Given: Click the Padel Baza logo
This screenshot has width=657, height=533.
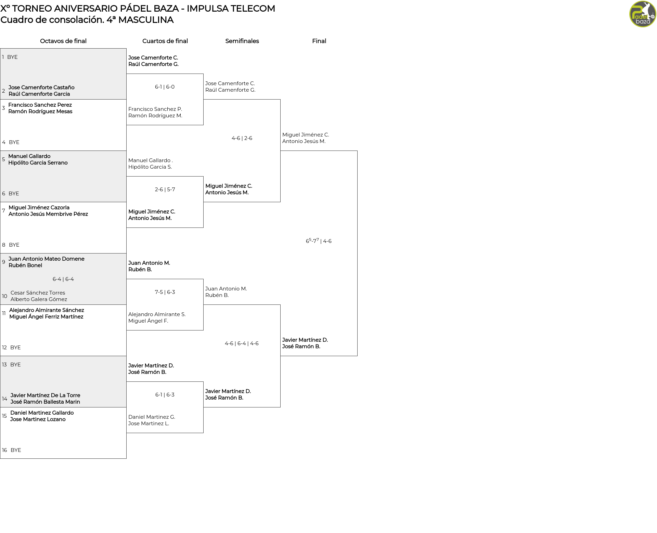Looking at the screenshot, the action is [x=643, y=14].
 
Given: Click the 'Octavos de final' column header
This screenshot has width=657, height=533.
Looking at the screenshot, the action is [x=63, y=41].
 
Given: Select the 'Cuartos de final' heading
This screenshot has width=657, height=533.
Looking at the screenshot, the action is [x=165, y=41].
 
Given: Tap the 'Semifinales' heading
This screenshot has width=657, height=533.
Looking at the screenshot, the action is [x=242, y=41].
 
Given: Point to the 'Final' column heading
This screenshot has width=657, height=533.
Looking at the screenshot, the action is [x=319, y=41].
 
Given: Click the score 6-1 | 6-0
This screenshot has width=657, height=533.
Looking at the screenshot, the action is [x=165, y=87].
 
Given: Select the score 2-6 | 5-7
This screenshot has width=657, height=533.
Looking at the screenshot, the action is [x=165, y=190].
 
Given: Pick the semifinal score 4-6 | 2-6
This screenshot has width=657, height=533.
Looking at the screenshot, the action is [x=242, y=138].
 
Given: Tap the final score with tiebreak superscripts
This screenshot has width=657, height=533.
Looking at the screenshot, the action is [x=319, y=240].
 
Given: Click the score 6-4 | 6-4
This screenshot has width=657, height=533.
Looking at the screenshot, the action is [x=63, y=279].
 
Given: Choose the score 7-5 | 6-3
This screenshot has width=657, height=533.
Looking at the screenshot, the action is [x=165, y=292].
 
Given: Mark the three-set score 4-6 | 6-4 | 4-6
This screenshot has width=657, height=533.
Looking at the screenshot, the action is [x=242, y=343].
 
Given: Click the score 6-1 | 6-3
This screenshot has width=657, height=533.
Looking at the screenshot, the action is [x=165, y=395].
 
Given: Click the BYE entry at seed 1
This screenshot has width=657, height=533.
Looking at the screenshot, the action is [x=12, y=57].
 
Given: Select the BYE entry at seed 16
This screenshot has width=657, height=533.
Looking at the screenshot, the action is [x=16, y=450].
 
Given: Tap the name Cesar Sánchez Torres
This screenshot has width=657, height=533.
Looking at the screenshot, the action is [x=38, y=293].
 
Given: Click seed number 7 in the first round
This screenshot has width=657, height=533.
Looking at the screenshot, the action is [x=4, y=211].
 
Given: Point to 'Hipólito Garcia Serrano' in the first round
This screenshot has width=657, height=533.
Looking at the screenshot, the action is [x=38, y=163].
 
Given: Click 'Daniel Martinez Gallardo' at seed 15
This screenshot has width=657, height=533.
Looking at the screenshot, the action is [x=42, y=413].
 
